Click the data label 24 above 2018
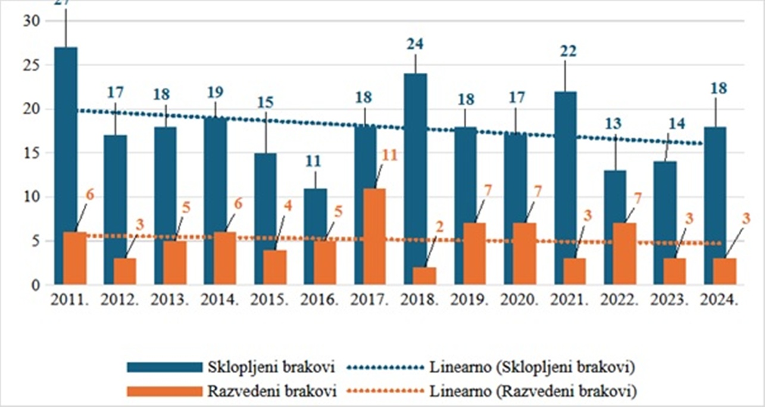click(415, 45)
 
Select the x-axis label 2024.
click(720, 300)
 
